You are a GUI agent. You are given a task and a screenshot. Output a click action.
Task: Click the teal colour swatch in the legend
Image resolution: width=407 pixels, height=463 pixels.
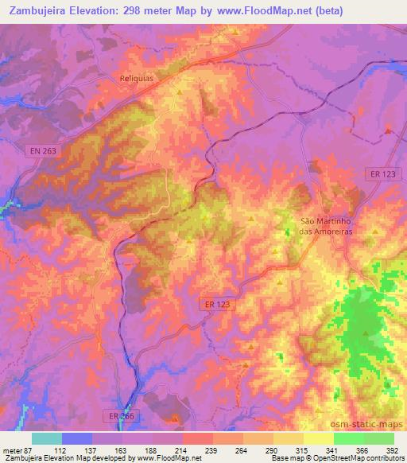pyautogui.click(x=47, y=438)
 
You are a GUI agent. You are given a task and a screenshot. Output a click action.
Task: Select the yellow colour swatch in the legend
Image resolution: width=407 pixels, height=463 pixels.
pyautogui.click(x=319, y=438)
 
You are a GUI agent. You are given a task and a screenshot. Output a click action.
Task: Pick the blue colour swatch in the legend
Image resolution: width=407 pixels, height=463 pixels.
pyautogui.click(x=77, y=438)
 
